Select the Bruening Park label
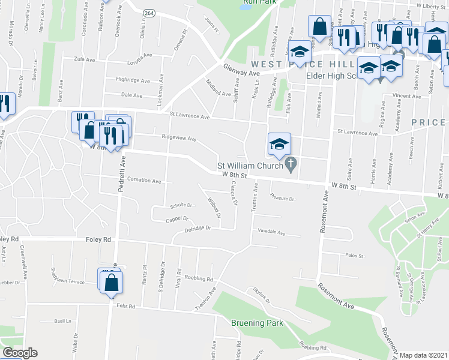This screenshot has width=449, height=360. pyautogui.click(x=257, y=323)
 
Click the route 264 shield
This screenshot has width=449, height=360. pyautogui.click(x=149, y=13)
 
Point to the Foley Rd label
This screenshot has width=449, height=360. pyautogui.click(x=99, y=239)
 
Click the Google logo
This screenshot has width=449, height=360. pyautogui.click(x=20, y=353)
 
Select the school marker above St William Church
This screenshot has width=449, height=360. pyautogui.click(x=279, y=144)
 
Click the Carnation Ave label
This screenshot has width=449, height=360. pyautogui.click(x=144, y=180)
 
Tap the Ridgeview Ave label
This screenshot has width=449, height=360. pyautogui.click(x=179, y=138)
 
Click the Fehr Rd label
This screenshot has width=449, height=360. pyautogui.click(x=127, y=306)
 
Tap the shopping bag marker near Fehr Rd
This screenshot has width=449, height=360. pyautogui.click(x=111, y=281)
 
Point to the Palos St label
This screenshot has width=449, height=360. pyautogui.click(x=355, y=256)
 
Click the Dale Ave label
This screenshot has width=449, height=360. pyautogui.click(x=131, y=95)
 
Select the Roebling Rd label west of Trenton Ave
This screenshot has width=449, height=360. pyautogui.click(x=199, y=278)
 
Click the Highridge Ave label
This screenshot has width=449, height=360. pyautogui.click(x=133, y=80)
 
